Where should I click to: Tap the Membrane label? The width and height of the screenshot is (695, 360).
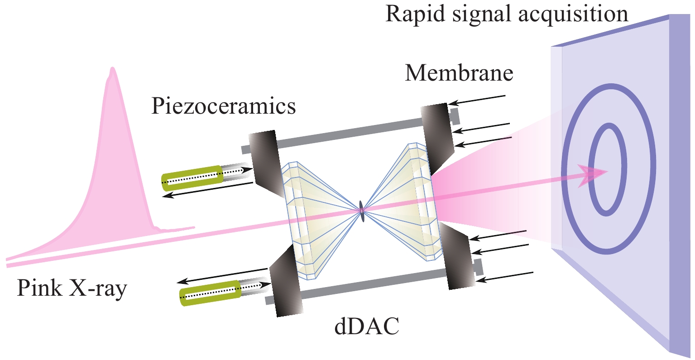click(459, 73)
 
